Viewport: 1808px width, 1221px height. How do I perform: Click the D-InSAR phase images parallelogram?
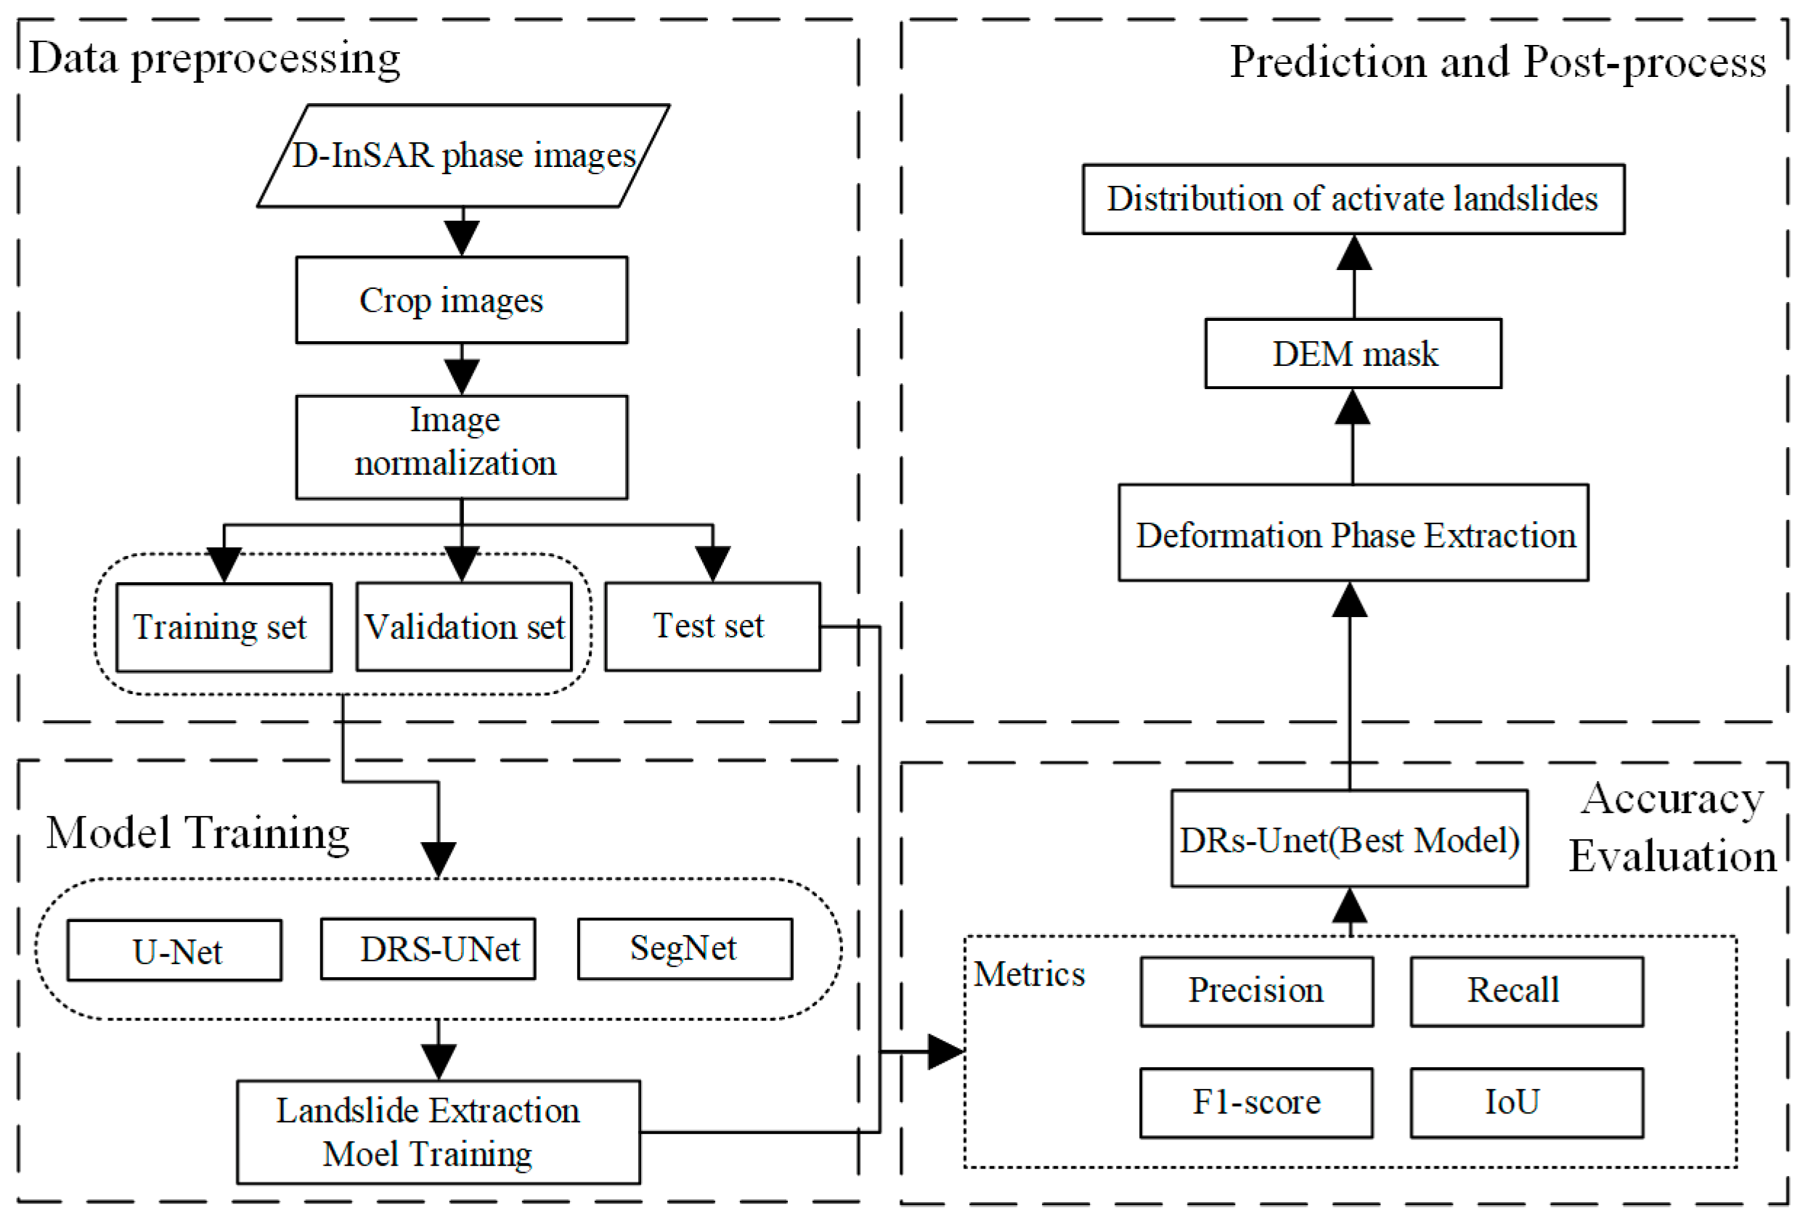pyautogui.click(x=464, y=155)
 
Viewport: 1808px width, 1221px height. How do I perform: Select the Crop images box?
pyautogui.click(x=462, y=301)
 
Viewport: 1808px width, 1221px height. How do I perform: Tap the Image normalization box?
pyautogui.click(x=462, y=447)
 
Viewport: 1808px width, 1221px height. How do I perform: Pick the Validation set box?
pyautogui.click(x=465, y=626)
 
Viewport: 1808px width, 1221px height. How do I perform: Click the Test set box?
pyautogui.click(x=712, y=626)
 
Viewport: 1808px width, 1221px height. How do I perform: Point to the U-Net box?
pyautogui.click(x=175, y=950)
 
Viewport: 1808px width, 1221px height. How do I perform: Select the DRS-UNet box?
pyautogui.click(x=428, y=949)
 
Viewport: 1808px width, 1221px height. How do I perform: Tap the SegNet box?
pyautogui.click(x=685, y=949)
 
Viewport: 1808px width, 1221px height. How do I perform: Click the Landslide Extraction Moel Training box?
pyautogui.click(x=439, y=1132)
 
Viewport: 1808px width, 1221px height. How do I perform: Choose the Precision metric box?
pyautogui.click(x=1257, y=992)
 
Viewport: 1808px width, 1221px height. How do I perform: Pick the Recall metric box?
pyautogui.click(x=1527, y=992)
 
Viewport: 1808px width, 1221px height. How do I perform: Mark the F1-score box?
pyautogui.click(x=1257, y=1103)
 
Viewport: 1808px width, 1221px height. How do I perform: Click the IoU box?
pyautogui.click(x=1527, y=1103)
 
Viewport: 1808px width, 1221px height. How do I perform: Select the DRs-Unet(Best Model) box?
pyautogui.click(x=1350, y=838)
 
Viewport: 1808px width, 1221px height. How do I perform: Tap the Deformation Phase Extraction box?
pyautogui.click(x=1353, y=533)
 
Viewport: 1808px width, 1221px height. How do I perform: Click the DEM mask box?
pyautogui.click(x=1353, y=353)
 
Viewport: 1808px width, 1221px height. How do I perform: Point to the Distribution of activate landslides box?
pyautogui.click(x=1353, y=199)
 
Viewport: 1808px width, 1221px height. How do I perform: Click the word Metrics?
pyautogui.click(x=1030, y=973)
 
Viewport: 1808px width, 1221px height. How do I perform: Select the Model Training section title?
pyautogui.click(x=198, y=833)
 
